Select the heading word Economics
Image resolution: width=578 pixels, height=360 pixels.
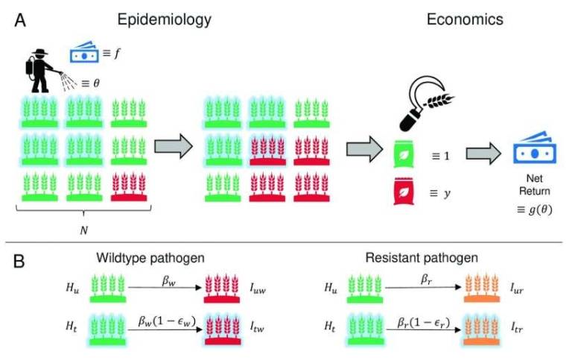464,20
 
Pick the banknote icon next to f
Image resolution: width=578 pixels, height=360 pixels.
83,53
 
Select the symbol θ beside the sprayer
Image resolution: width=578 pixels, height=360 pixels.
95,83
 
